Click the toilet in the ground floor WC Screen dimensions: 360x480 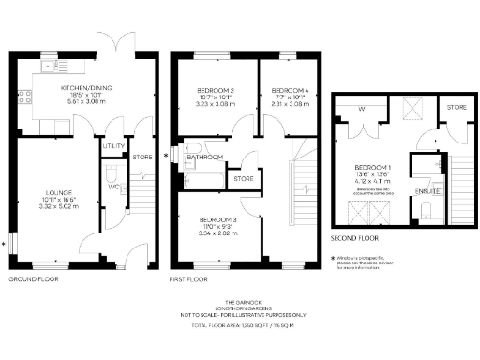(x=109, y=174)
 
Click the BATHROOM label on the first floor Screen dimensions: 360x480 (x=203, y=157)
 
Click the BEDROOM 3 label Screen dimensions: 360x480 (x=216, y=219)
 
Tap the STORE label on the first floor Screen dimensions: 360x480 (x=244, y=178)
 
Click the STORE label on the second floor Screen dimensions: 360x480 (x=456, y=108)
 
